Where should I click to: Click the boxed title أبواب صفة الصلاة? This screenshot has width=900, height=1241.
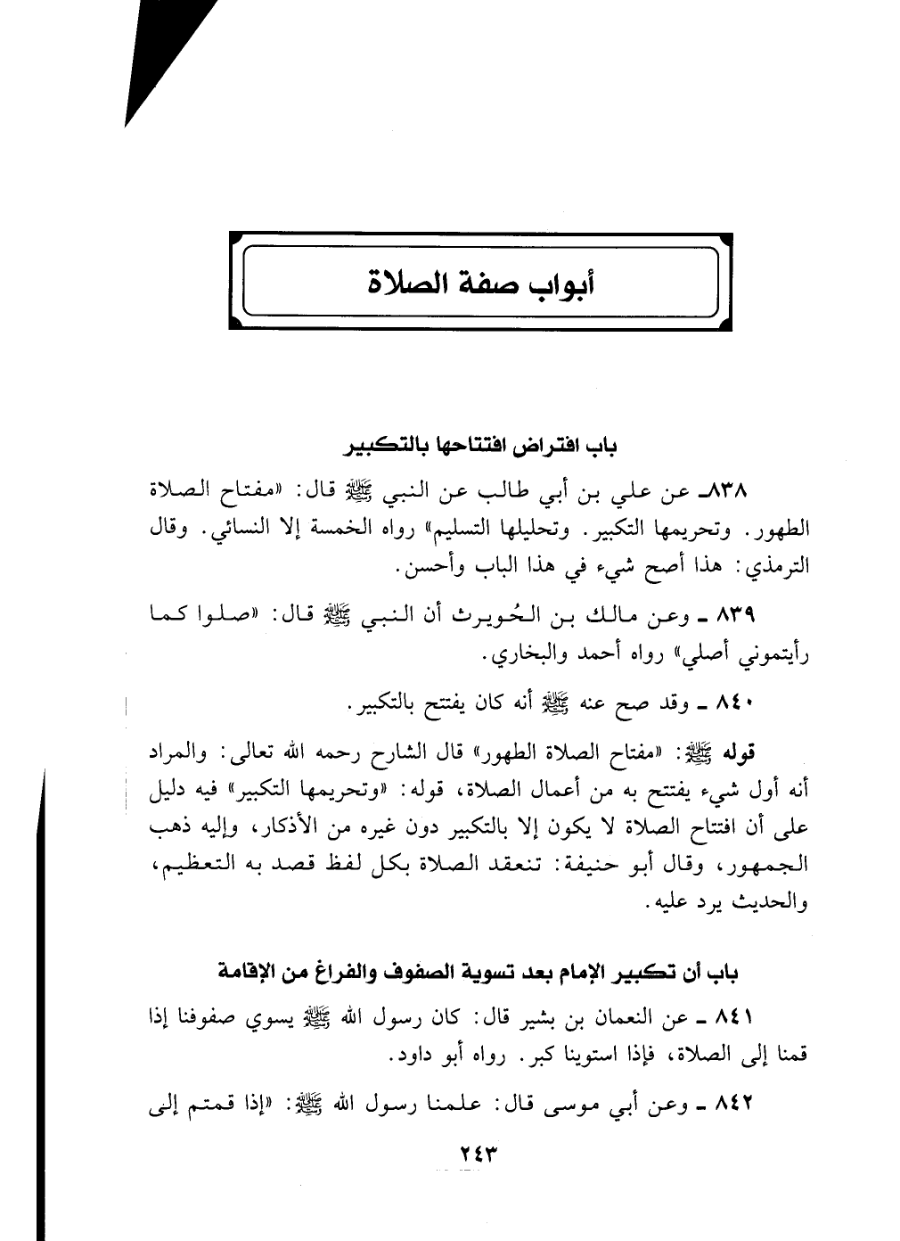pos(481,283)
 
